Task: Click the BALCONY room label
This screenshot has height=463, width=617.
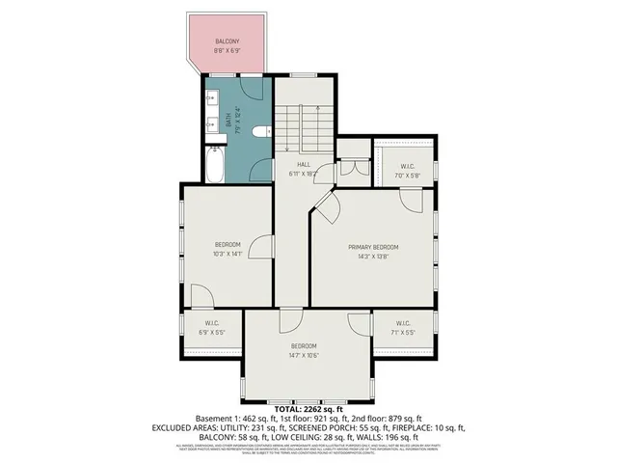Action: coord(227,41)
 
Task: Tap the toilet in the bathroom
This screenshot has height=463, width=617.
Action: coord(255,132)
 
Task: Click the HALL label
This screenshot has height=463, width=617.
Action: coord(303,164)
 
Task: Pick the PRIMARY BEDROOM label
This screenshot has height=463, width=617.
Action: coord(372,247)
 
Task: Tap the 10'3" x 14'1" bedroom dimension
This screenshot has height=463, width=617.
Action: coord(227,256)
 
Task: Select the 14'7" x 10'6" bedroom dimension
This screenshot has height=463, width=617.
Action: coord(304,356)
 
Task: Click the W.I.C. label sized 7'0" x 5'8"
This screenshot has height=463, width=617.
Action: coord(404,176)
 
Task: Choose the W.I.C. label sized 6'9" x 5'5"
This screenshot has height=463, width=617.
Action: coord(212,332)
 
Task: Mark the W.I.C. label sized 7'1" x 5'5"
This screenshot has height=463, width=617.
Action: coord(402,332)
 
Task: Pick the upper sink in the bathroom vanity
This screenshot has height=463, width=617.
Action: coord(210,99)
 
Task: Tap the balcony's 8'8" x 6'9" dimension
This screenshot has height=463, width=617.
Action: coord(227,50)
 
